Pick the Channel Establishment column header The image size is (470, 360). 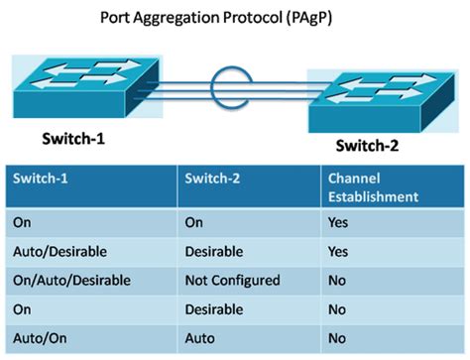(374, 189)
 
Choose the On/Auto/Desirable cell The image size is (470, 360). (70, 281)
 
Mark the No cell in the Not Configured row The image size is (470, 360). (337, 281)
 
